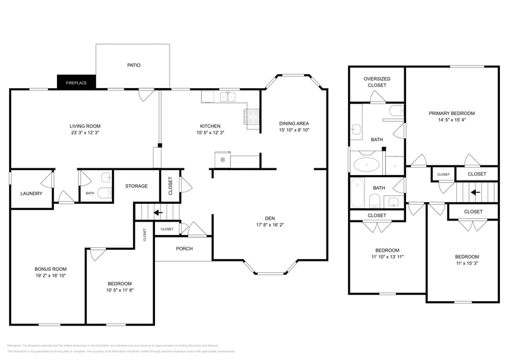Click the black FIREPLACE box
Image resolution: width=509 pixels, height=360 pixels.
tap(77, 82)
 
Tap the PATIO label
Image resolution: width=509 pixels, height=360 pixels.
tap(134, 65)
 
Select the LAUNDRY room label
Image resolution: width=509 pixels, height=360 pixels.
tap(31, 193)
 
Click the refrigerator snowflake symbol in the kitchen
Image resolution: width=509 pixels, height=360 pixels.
tap(222, 160)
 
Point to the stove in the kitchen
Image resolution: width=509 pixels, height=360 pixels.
tap(253, 118)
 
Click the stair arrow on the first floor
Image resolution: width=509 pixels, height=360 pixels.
tap(158, 213)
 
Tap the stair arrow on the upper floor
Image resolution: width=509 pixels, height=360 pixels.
tap(475, 192)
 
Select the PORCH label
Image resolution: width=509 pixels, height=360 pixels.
tap(184, 249)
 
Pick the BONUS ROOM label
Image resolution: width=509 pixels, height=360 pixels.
tap(50, 269)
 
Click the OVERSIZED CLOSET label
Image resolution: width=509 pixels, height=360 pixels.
tap(377, 82)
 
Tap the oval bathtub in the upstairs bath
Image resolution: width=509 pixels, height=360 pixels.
tap(367, 164)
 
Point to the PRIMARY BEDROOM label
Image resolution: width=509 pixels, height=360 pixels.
tap(451, 113)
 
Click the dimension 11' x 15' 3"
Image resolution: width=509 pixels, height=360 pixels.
tap(467, 264)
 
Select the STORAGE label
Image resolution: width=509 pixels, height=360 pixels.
tap(137, 187)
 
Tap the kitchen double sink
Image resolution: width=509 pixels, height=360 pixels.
tap(228, 97)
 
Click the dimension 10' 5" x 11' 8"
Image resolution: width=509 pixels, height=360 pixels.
tap(119, 291)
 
